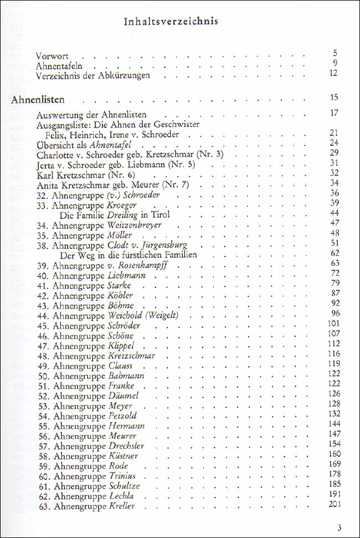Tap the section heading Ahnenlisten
coord(38,100)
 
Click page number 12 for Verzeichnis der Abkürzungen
coord(333,73)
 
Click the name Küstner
coord(122,455)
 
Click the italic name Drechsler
coord(126,445)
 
